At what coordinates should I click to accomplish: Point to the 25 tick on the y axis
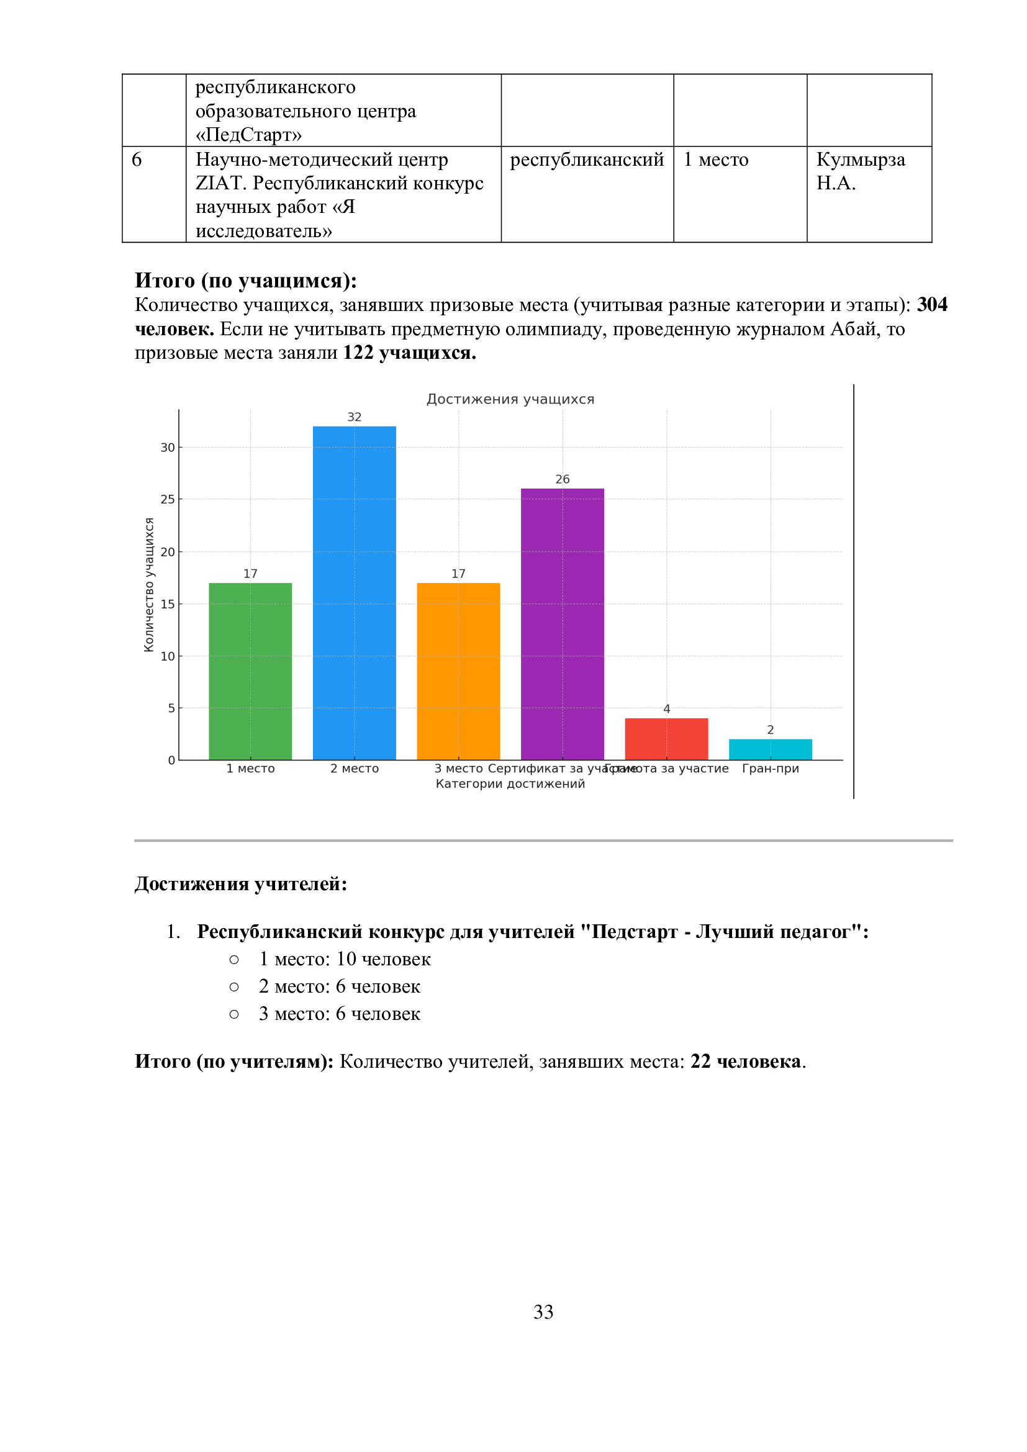[x=167, y=500]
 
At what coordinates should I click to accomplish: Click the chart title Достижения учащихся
[x=510, y=399]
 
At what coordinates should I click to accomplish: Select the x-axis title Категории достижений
[x=510, y=783]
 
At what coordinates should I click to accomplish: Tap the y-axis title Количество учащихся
[x=149, y=584]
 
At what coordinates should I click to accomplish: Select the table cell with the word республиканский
[x=587, y=160]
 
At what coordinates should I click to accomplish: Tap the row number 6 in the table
[x=137, y=160]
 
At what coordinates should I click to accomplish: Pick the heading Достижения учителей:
[x=241, y=883]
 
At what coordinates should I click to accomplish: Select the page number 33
[x=543, y=1312]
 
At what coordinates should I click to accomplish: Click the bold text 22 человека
[x=746, y=1061]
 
